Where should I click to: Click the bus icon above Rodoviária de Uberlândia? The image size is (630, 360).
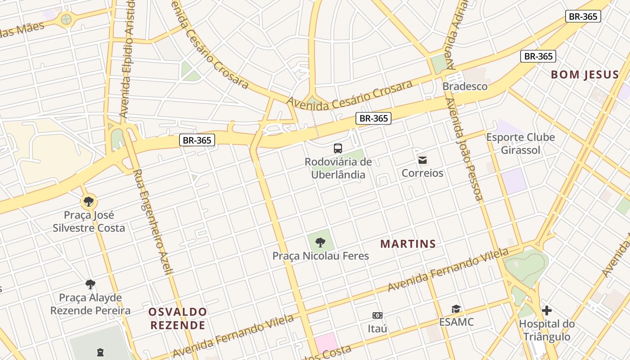pyautogui.click(x=337, y=148)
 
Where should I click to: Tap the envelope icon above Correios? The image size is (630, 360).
pyautogui.click(x=423, y=160)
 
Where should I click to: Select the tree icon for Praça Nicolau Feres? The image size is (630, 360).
pyautogui.click(x=320, y=243)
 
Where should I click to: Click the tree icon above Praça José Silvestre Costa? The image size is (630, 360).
pyautogui.click(x=89, y=201)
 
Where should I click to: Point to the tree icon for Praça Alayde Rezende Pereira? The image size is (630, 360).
pyautogui.click(x=90, y=284)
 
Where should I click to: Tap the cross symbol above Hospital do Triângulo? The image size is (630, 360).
pyautogui.click(x=547, y=310)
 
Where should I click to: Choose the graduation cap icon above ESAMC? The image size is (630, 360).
pyautogui.click(x=456, y=309)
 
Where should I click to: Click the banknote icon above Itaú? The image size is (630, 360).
pyautogui.click(x=377, y=315)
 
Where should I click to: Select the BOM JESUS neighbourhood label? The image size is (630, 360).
pyautogui.click(x=585, y=75)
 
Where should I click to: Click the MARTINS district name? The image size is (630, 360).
pyautogui.click(x=408, y=244)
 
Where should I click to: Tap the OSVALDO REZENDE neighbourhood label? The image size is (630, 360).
pyautogui.click(x=178, y=318)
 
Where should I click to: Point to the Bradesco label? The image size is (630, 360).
pyautogui.click(x=465, y=86)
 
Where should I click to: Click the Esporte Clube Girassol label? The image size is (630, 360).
pyautogui.click(x=521, y=144)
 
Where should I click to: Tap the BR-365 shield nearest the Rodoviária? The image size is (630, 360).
pyautogui.click(x=373, y=118)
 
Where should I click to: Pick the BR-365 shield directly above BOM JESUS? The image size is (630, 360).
pyautogui.click(x=538, y=56)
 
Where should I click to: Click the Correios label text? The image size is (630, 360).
pyautogui.click(x=423, y=173)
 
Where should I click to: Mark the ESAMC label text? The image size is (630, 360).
pyautogui.click(x=456, y=322)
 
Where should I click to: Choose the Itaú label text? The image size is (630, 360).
pyautogui.click(x=377, y=328)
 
